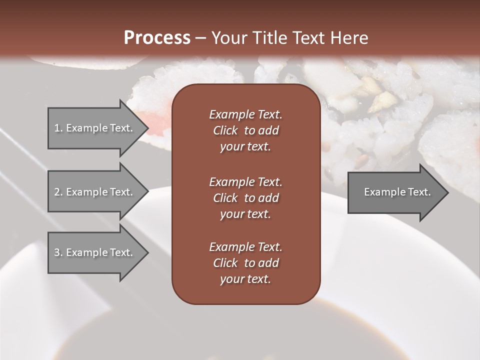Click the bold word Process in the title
point(157,38)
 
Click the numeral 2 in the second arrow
point(57,192)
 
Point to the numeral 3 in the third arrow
point(57,252)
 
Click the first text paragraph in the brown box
point(245,130)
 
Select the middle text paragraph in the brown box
point(245,197)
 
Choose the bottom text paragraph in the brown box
point(245,263)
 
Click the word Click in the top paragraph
point(225,130)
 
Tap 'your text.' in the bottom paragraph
point(245,279)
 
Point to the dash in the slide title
point(201,38)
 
